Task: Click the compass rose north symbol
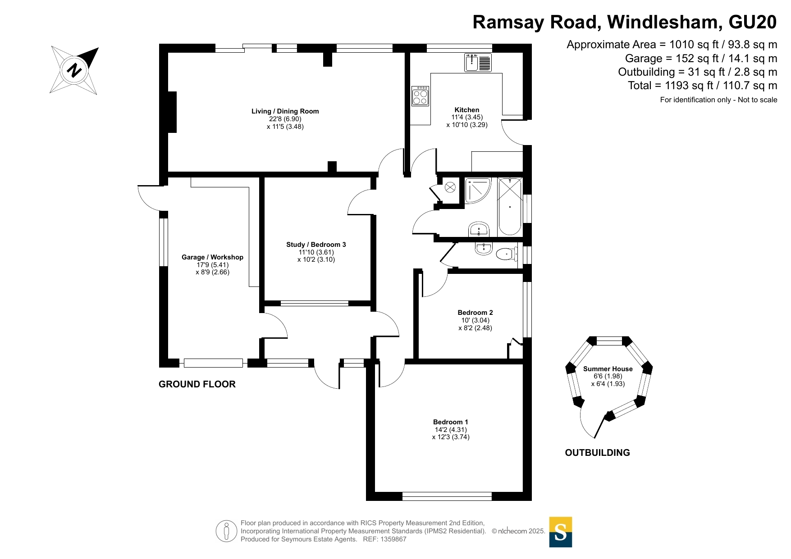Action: tap(74, 70)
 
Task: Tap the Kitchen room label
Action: tap(466, 110)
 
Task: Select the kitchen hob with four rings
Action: tap(420, 96)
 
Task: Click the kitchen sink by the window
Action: tap(478, 63)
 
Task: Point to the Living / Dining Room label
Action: tap(285, 111)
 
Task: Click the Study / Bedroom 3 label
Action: tap(316, 245)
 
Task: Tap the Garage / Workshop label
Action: tap(212, 257)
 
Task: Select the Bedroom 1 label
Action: tap(450, 422)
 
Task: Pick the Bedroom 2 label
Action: tap(475, 313)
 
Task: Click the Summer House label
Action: tap(608, 369)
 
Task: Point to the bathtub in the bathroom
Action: tap(510, 207)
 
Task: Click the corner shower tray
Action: tap(477, 191)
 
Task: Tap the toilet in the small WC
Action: tap(507, 255)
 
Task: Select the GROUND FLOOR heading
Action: tap(197, 384)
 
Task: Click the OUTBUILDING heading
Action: tap(597, 453)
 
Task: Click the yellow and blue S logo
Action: tap(560, 532)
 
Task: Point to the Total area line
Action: tap(702, 86)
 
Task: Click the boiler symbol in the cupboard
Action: tap(450, 187)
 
